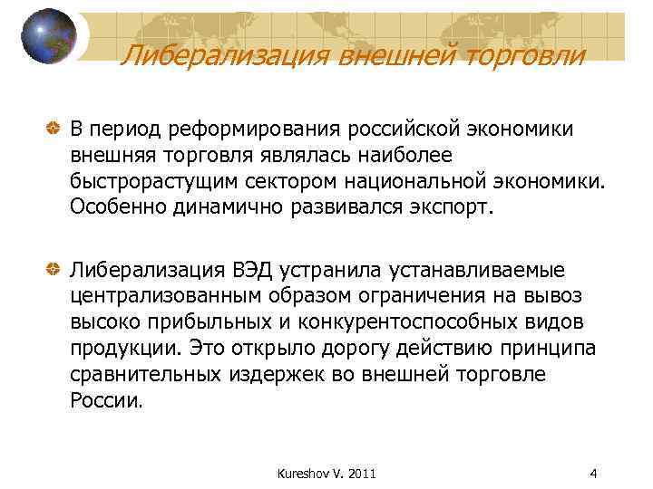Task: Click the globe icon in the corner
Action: coord(47,35)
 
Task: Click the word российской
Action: coord(421,130)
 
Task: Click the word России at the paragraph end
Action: coord(105,399)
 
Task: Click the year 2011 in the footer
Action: coord(360,473)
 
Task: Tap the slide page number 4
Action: coord(592,473)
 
